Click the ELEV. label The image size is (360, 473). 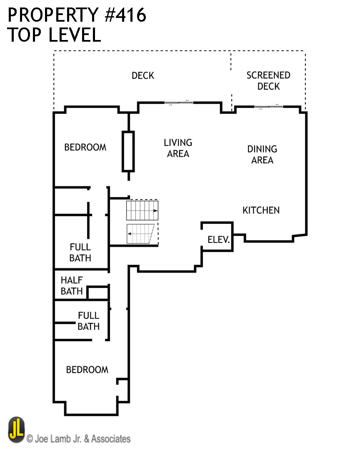pyautogui.click(x=219, y=240)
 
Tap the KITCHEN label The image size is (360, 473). pyautogui.click(x=261, y=210)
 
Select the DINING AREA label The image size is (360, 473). pyautogui.click(x=262, y=155)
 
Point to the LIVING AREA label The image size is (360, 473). pyautogui.click(x=178, y=148)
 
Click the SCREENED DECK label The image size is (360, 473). pyautogui.click(x=268, y=81)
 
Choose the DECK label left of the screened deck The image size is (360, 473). pyautogui.click(x=143, y=75)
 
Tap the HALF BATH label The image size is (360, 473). pyautogui.click(x=72, y=285)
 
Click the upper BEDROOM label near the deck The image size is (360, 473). pyautogui.click(x=85, y=147)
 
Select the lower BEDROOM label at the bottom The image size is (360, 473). pyautogui.click(x=87, y=370)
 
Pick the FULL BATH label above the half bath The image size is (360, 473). pyautogui.click(x=80, y=253)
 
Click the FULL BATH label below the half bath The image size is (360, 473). pyautogui.click(x=88, y=321)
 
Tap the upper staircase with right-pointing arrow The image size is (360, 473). pyautogui.click(x=142, y=211)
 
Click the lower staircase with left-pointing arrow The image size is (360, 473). pyautogui.click(x=140, y=235)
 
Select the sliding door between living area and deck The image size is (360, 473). pyautogui.click(x=179, y=103)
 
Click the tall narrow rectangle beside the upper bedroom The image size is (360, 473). pyautogui.click(x=128, y=151)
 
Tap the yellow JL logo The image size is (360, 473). pyautogui.click(x=16, y=430)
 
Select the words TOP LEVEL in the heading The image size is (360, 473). pyautogui.click(x=54, y=35)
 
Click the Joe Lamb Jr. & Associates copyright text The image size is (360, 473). pyautogui.click(x=79, y=438)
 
